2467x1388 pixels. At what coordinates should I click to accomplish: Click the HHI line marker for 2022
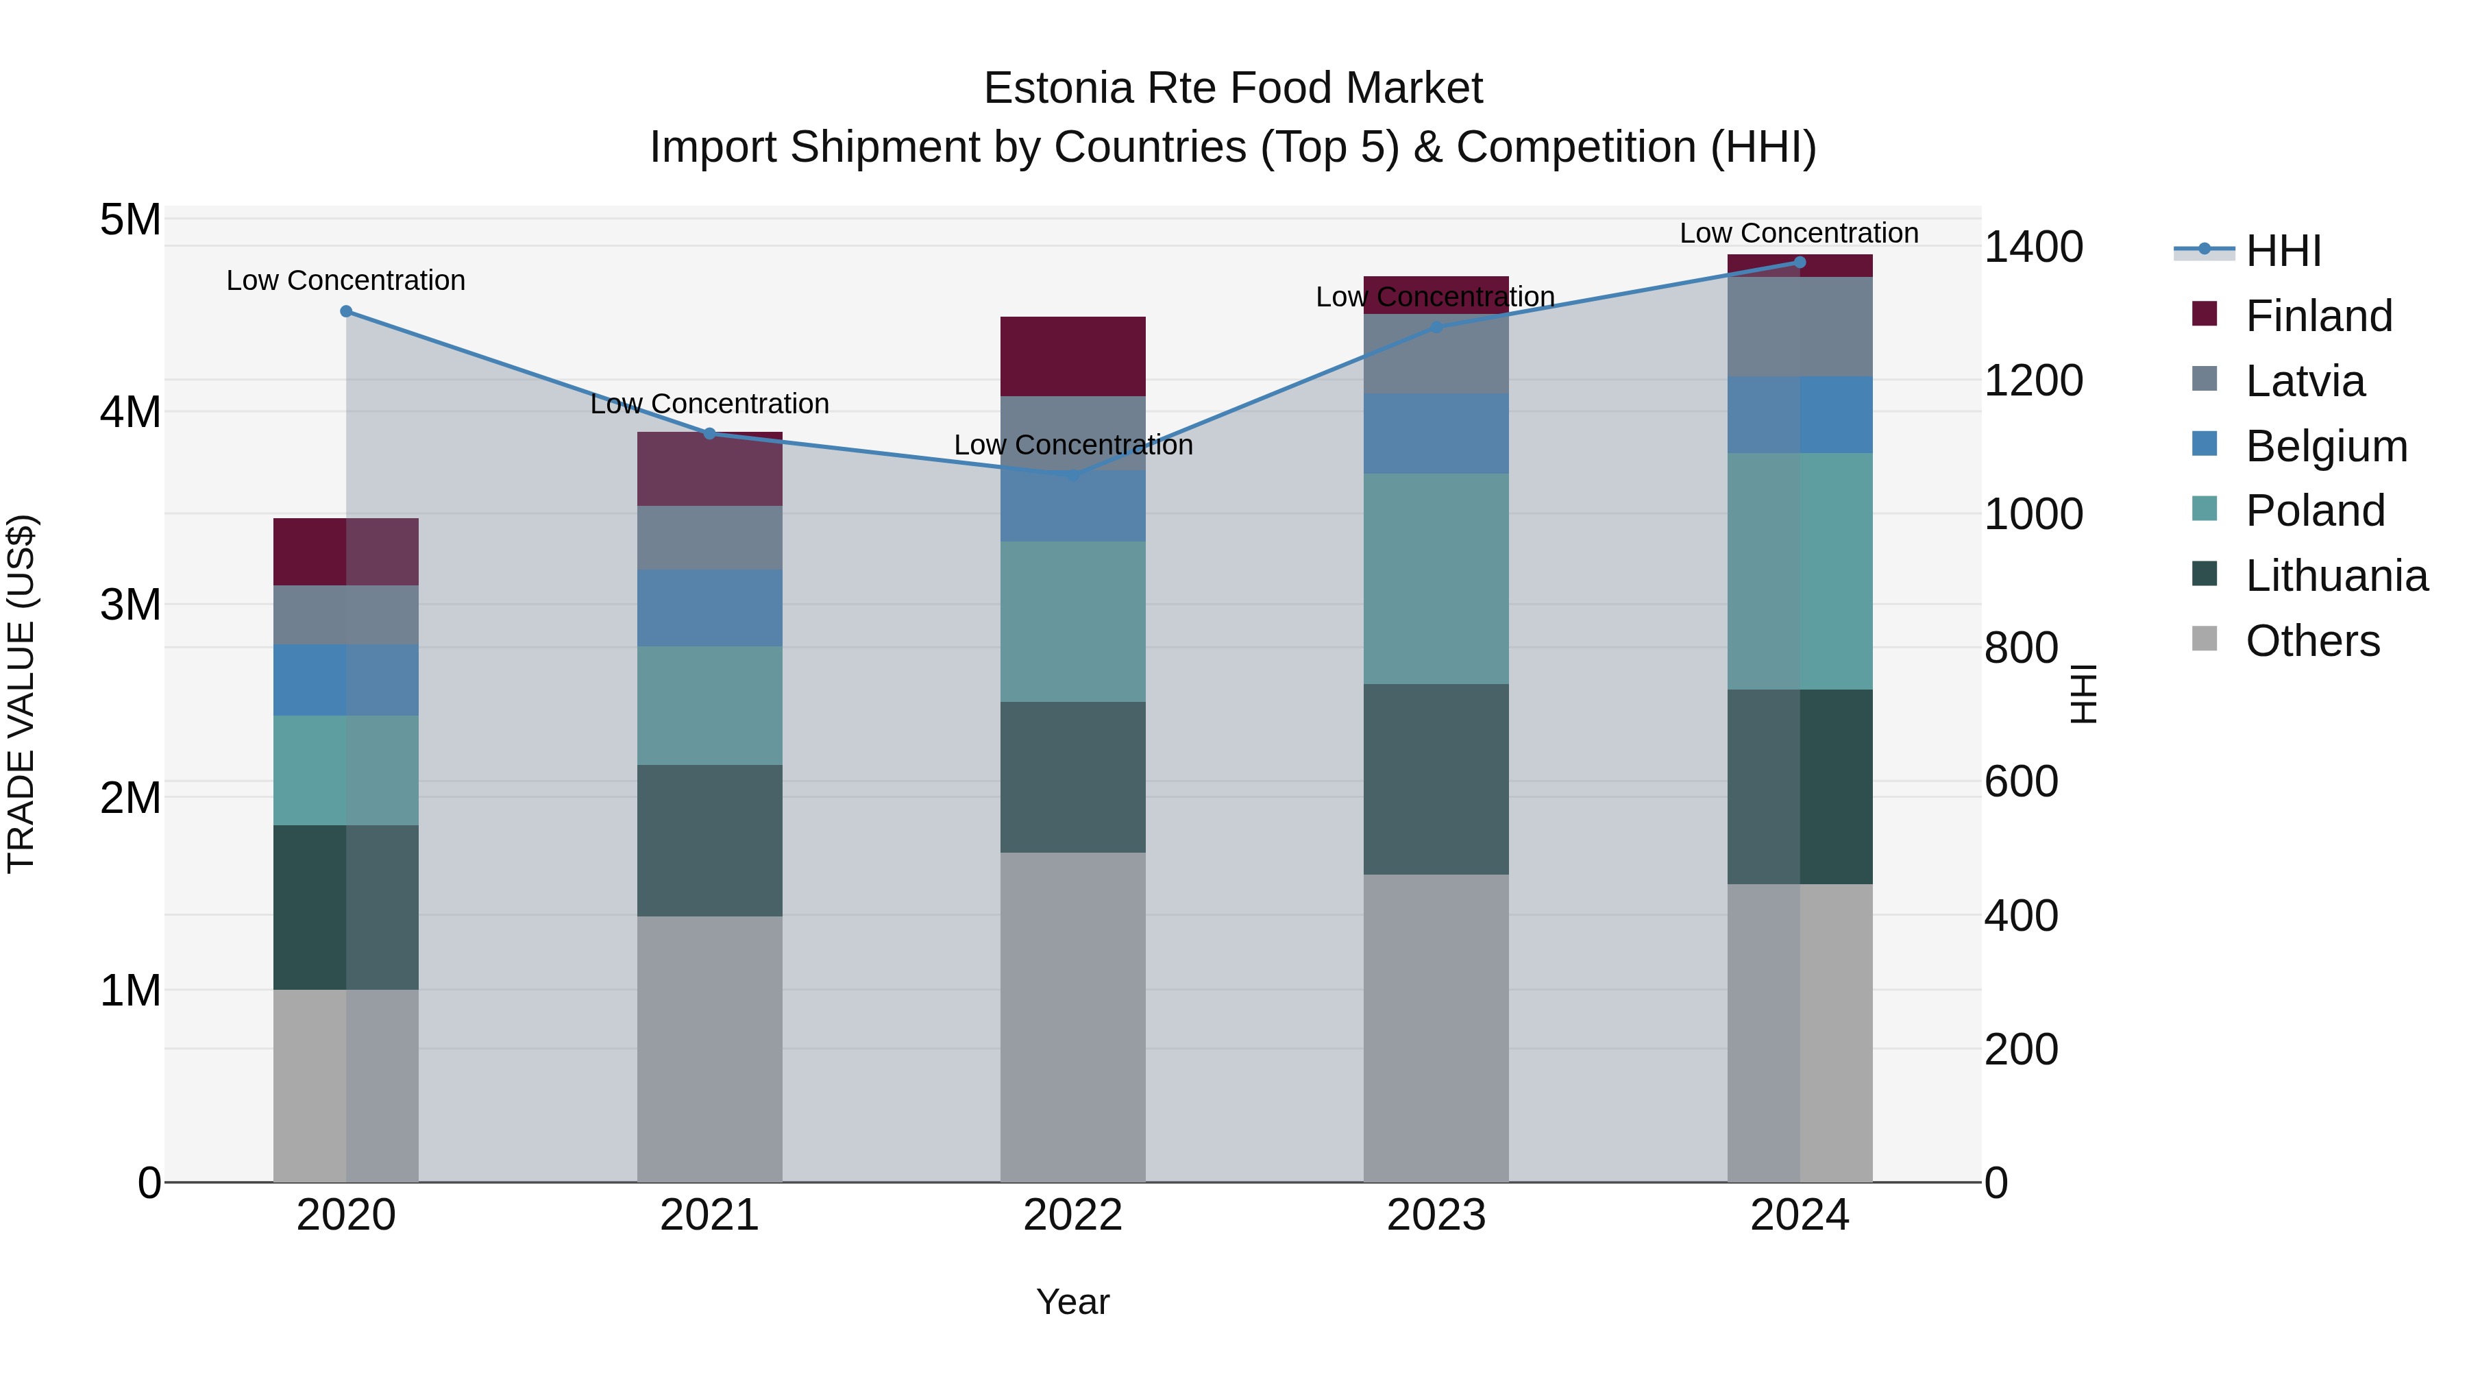(x=1072, y=475)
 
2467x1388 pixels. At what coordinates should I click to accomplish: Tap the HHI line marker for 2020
(x=347, y=311)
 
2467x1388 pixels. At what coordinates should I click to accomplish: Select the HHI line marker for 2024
(x=1800, y=263)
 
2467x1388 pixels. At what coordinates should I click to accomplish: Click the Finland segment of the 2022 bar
(x=1072, y=356)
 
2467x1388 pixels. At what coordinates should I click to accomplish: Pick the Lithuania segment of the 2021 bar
(x=710, y=840)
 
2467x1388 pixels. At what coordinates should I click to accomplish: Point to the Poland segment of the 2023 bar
(x=1436, y=579)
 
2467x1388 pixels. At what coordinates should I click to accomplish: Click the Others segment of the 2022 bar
(x=1072, y=1016)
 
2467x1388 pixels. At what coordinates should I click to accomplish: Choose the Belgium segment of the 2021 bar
(x=710, y=608)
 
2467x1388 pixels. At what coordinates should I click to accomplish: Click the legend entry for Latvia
(x=2304, y=381)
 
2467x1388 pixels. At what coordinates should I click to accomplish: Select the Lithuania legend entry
(x=2336, y=576)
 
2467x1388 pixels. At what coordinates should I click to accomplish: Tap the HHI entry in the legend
(x=2282, y=251)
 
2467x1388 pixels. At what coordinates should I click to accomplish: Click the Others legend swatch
(x=2205, y=639)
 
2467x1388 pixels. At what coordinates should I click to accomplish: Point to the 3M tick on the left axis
(x=130, y=605)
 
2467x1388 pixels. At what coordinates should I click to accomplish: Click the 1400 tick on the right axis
(x=2033, y=247)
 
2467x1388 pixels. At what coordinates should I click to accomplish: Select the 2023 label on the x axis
(x=1436, y=1215)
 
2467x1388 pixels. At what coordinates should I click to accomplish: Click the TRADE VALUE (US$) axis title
(x=21, y=694)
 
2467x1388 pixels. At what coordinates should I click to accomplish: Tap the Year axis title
(x=1072, y=1302)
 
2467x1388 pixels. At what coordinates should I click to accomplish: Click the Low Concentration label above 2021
(x=710, y=404)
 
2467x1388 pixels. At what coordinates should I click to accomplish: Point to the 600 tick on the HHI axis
(x=2021, y=781)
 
